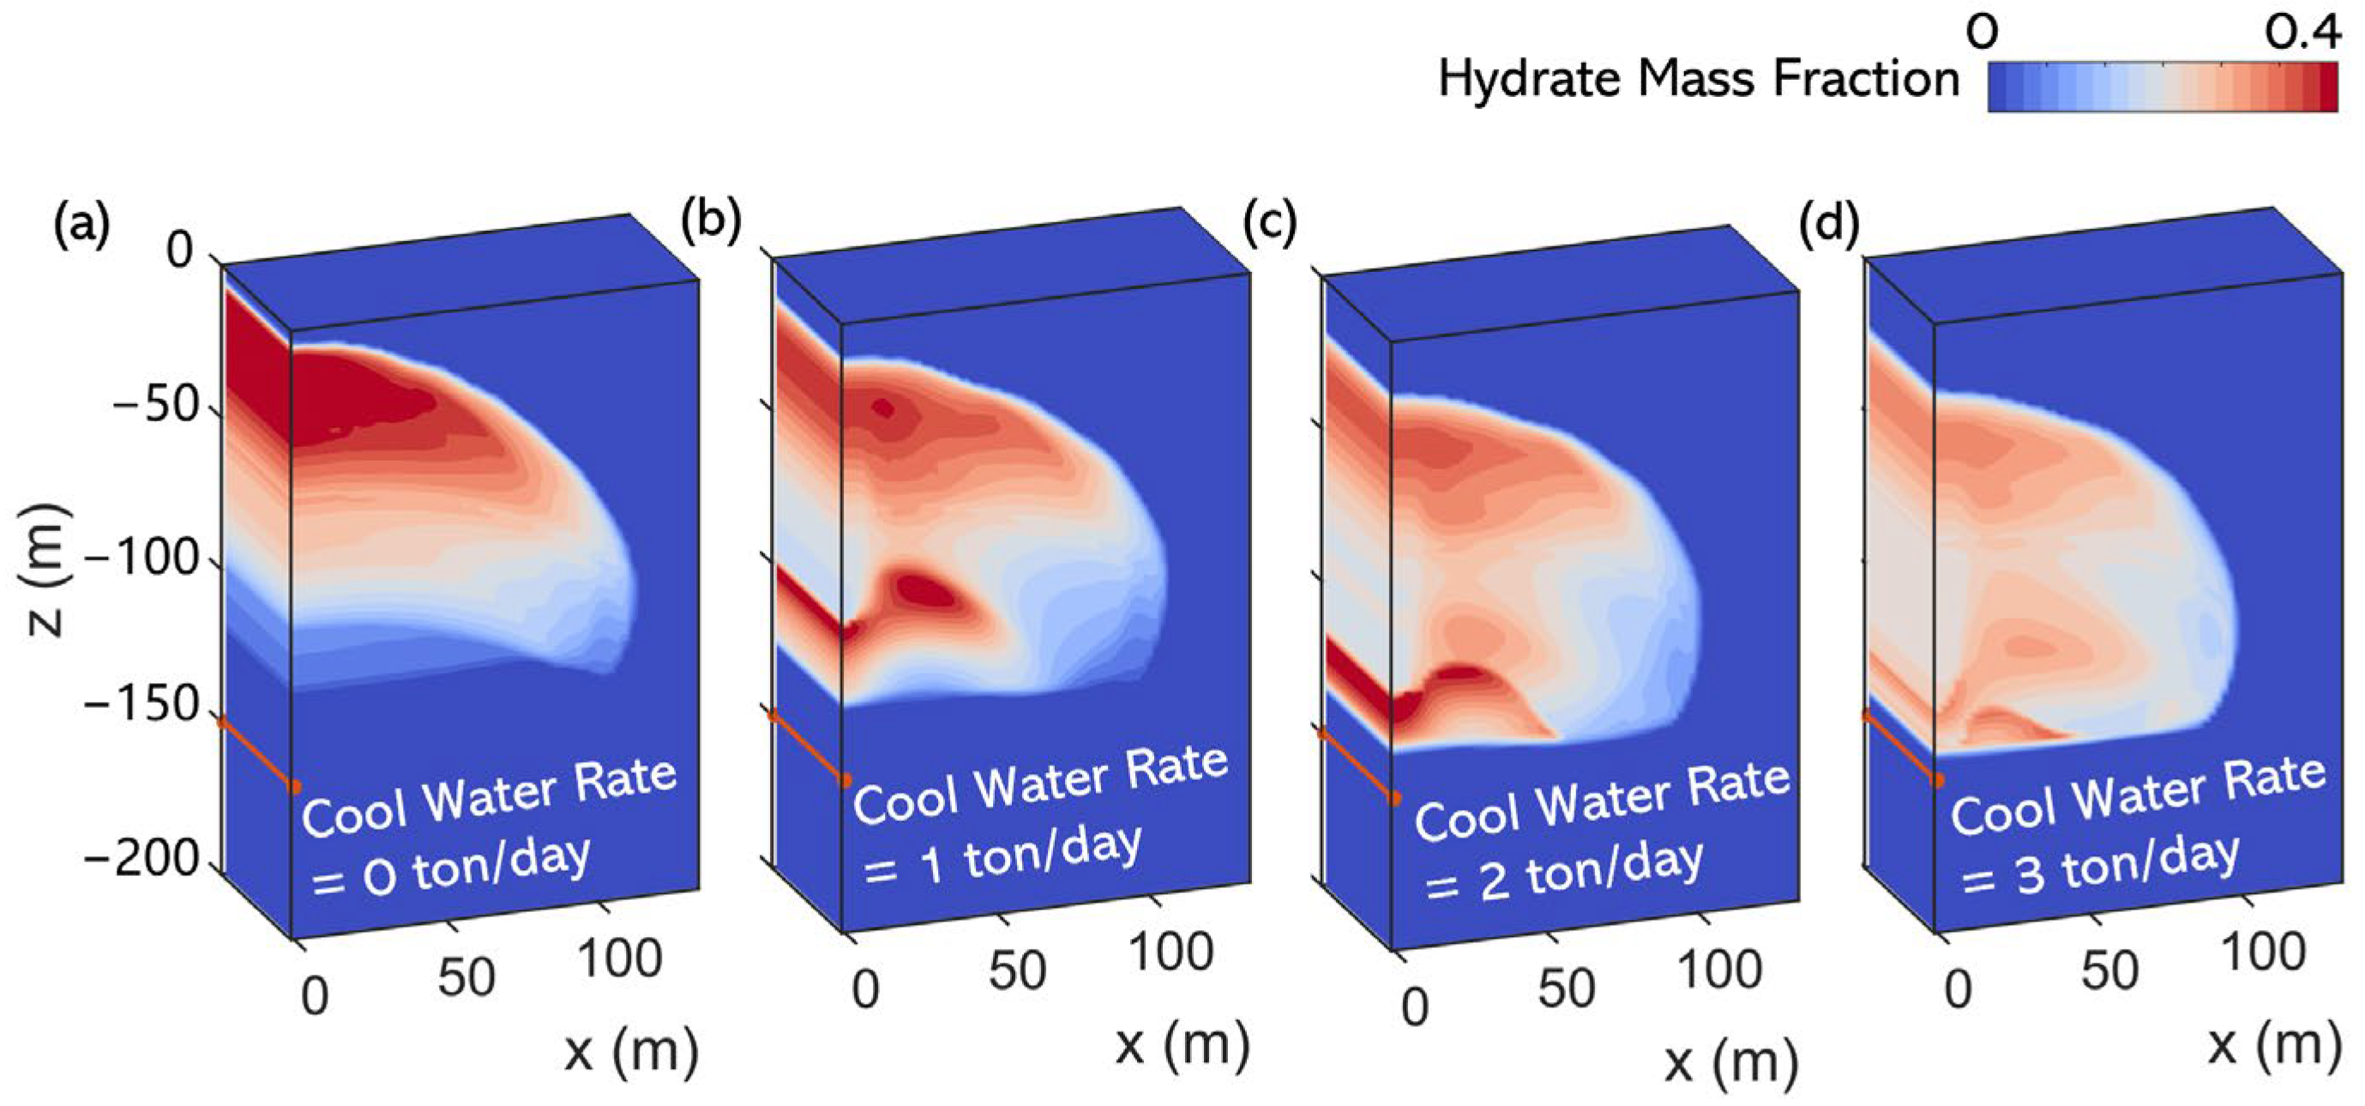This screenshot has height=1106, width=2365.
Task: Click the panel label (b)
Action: (711, 223)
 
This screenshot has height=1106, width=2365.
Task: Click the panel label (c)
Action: (1270, 223)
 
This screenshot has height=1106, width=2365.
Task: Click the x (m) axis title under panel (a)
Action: (631, 1050)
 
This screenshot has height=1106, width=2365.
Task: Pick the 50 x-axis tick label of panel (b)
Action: (1017, 971)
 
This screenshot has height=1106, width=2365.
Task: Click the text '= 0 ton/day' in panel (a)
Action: (450, 869)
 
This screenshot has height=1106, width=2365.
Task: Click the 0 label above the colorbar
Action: (1983, 34)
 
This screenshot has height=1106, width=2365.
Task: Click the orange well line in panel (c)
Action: (1357, 765)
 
